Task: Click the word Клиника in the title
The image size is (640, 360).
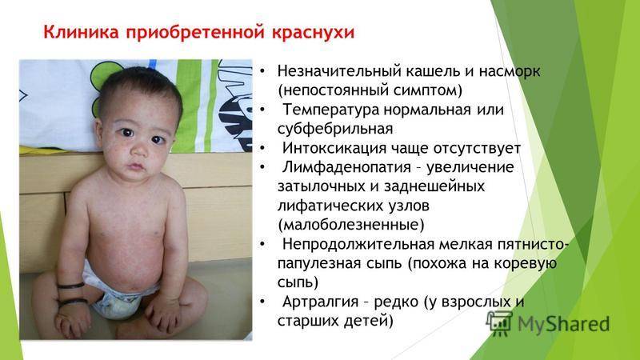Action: coord(81,32)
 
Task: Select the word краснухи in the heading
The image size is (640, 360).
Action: coord(313,33)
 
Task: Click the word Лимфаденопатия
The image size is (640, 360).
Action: coord(346,167)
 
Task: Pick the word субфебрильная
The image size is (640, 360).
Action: coord(335,130)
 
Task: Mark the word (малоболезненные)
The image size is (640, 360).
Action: coord(351,225)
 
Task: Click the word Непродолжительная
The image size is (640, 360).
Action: coord(358,245)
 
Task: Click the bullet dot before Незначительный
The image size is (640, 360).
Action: coord(262,72)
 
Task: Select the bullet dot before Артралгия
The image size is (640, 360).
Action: coord(262,302)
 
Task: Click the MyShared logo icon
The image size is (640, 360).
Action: coord(499,323)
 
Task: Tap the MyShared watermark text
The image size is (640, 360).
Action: coord(564,324)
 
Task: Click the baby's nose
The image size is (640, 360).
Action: coord(139,150)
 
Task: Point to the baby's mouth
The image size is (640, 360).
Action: coord(136,167)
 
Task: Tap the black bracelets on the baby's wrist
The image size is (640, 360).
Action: coord(72,294)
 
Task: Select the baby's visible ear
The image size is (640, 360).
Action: coord(99,134)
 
